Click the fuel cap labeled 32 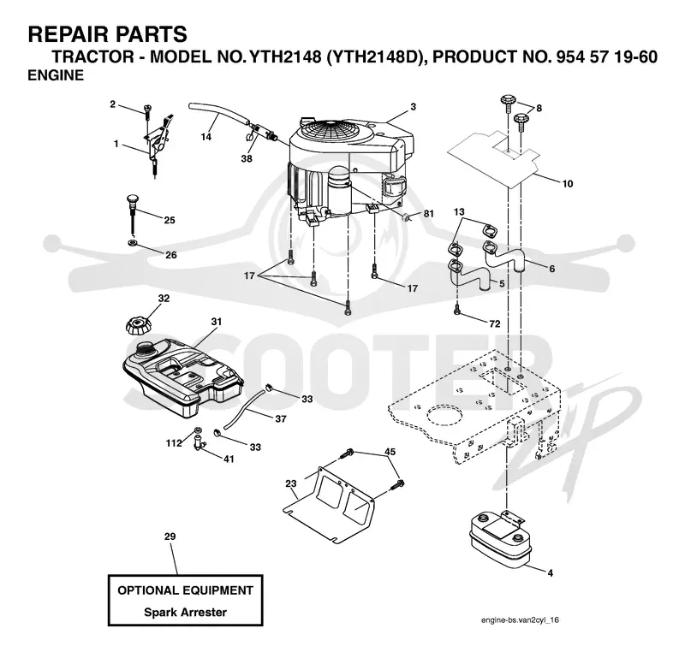point(137,325)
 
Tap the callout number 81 point(429,214)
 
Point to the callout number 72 point(495,324)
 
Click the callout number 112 point(174,443)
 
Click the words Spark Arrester point(185,612)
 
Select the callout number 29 point(170,536)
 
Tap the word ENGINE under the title point(56,75)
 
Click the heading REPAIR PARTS point(108,34)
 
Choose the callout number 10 point(567,184)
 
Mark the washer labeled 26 point(132,242)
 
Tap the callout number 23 point(291,483)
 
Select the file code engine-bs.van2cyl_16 point(520,620)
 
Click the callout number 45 point(390,452)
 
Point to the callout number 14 point(205,137)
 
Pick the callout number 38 point(247,158)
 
